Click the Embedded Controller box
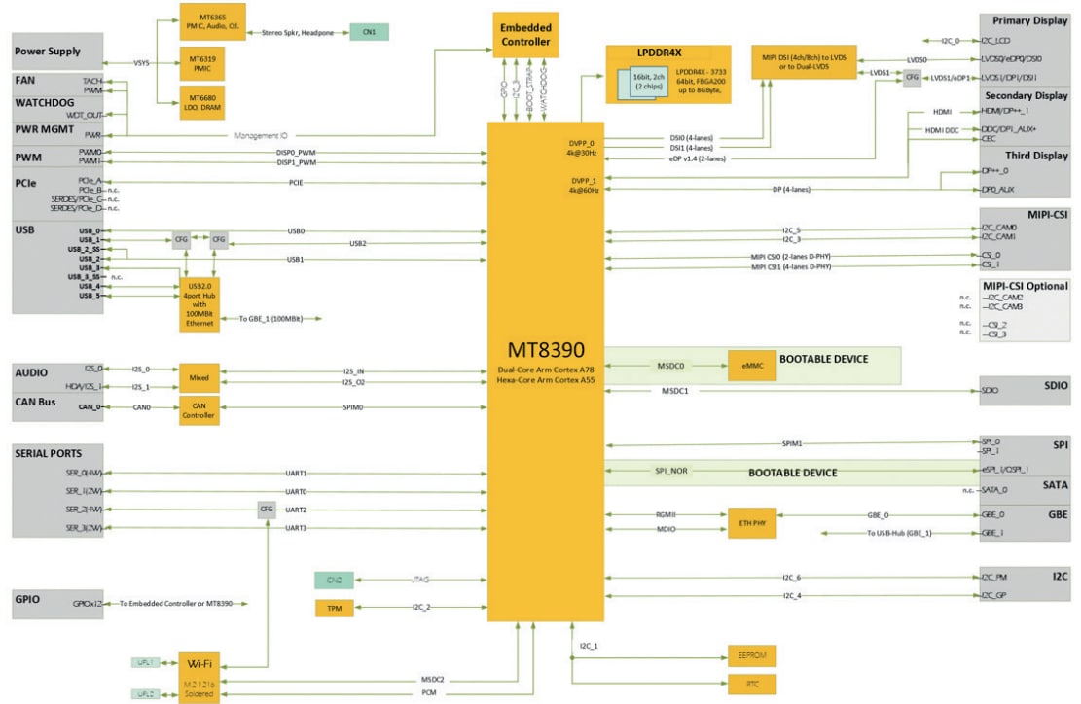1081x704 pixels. [524, 34]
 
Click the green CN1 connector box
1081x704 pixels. [369, 32]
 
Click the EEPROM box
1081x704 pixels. [752, 656]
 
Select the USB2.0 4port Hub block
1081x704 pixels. [198, 306]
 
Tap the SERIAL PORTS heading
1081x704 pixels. [48, 453]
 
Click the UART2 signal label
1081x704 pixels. [297, 509]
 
